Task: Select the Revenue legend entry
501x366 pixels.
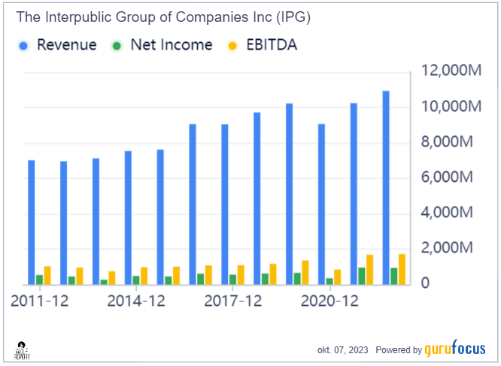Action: (x=58, y=45)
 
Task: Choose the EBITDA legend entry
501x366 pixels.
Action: (x=267, y=45)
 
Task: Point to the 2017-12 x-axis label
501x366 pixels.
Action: (x=232, y=301)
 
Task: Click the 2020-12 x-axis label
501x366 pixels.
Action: (x=329, y=301)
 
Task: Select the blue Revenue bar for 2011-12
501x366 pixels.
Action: (x=32, y=222)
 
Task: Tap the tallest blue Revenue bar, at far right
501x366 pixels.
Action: (x=386, y=188)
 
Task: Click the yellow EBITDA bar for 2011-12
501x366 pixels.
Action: (x=47, y=275)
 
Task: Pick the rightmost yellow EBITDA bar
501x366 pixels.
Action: (x=402, y=269)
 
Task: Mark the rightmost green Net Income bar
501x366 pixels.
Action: (x=394, y=276)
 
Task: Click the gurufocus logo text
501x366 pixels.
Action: (x=457, y=349)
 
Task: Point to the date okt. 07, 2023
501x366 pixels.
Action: (x=343, y=350)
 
